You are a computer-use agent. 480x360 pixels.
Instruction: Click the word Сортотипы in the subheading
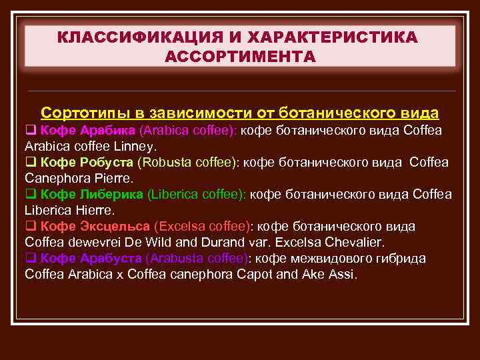[x=83, y=112]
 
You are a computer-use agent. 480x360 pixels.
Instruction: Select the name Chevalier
[x=355, y=242]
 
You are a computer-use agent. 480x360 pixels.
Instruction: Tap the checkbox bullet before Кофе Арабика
[x=30, y=130]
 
